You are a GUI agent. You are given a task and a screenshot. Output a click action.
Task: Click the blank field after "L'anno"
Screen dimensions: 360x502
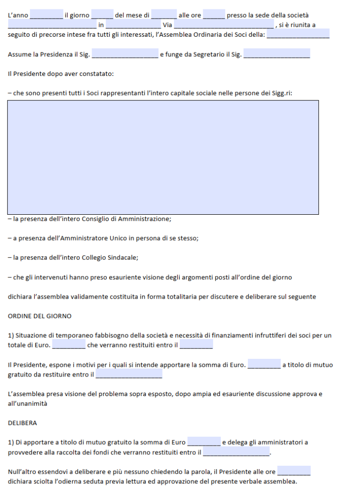tap(47, 15)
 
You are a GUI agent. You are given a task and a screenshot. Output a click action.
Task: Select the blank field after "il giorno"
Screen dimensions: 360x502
tap(102, 15)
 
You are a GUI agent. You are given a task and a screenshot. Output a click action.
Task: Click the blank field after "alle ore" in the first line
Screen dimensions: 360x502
tap(214, 15)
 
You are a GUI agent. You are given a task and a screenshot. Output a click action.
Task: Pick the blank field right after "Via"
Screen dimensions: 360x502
tap(224, 25)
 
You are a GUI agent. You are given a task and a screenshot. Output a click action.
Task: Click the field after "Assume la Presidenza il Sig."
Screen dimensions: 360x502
tap(125, 54)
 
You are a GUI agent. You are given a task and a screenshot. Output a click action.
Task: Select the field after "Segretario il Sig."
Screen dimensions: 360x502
tap(277, 54)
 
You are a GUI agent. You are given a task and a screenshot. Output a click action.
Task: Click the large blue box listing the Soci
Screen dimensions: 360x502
tap(163, 157)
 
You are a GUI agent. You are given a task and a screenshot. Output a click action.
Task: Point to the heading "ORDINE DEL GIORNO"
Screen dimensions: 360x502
tap(40, 316)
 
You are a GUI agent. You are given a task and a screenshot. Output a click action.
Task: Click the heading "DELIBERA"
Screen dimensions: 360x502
tap(23, 422)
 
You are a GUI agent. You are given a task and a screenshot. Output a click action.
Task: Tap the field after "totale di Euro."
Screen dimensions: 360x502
tap(69, 345)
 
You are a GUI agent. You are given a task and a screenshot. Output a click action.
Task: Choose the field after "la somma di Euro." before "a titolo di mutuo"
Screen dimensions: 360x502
tap(264, 364)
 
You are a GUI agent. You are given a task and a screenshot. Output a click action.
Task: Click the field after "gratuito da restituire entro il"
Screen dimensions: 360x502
tap(129, 374)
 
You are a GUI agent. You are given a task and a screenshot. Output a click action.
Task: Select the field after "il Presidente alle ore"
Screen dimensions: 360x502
tap(294, 471)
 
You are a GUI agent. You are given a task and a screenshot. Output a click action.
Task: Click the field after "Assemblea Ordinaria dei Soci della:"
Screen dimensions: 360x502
tap(298, 34)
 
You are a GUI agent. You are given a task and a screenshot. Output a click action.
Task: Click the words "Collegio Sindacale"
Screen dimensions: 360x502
tap(112, 257)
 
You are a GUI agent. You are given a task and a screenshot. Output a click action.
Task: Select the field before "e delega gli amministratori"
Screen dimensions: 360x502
tap(204, 442)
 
